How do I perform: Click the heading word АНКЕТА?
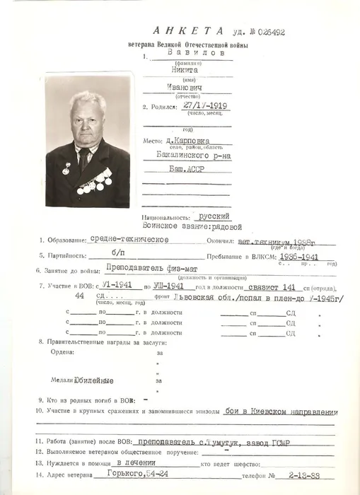click(x=188, y=31)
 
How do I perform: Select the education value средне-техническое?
click(x=129, y=240)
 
